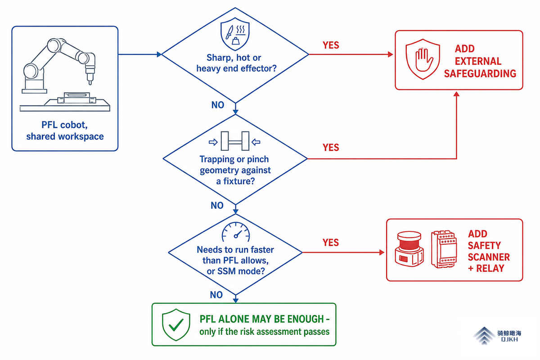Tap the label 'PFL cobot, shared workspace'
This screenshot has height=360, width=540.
tap(65, 130)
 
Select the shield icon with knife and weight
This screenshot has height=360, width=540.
tap(235, 34)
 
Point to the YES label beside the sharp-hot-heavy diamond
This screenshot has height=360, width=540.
tap(331, 45)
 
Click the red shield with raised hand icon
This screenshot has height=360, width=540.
tap(423, 59)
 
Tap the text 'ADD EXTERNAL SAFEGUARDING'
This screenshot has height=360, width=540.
tap(480, 61)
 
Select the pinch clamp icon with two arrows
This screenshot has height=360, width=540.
tap(234, 141)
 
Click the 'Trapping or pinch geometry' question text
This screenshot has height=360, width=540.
tap(235, 170)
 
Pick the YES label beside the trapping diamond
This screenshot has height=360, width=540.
tap(331, 147)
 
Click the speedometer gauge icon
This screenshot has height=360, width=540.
tap(235, 232)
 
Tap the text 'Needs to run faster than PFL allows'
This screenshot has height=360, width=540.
tap(235, 255)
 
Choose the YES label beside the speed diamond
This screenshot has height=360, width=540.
tap(331, 243)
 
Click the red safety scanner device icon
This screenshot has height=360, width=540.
tap(409, 249)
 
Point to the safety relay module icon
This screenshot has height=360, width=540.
tap(444, 249)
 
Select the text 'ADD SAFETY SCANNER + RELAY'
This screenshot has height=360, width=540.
tap(489, 251)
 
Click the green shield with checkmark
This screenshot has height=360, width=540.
tap(176, 324)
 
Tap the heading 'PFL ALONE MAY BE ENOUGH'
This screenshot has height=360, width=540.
tap(262, 319)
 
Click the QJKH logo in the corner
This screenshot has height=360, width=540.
tap(497, 336)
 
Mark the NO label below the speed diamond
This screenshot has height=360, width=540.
tap(216, 295)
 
